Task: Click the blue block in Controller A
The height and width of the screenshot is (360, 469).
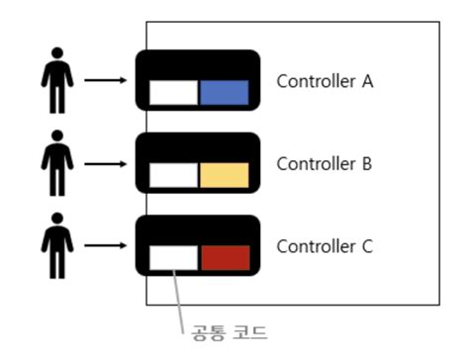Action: (224, 93)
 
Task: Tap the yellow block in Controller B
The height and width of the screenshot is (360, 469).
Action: (224, 176)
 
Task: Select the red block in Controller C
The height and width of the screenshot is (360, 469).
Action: (225, 258)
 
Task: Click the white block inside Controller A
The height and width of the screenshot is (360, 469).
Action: (172, 93)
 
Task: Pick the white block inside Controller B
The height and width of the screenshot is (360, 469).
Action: (172, 176)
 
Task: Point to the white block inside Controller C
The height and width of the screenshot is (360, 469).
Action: (172, 258)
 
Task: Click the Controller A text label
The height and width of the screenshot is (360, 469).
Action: (324, 81)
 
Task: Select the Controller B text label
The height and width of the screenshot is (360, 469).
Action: (324, 164)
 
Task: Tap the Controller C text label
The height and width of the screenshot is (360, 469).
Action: (324, 245)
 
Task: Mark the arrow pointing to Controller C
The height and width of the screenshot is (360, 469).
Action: (106, 244)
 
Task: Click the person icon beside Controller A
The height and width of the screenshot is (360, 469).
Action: (57, 81)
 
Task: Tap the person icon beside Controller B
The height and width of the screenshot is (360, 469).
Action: (57, 163)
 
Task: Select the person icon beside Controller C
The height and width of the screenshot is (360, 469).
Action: (57, 245)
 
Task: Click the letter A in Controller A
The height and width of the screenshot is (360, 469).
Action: (366, 81)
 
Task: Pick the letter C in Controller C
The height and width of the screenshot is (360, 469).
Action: (366, 245)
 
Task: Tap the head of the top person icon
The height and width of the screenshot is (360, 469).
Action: (57, 57)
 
